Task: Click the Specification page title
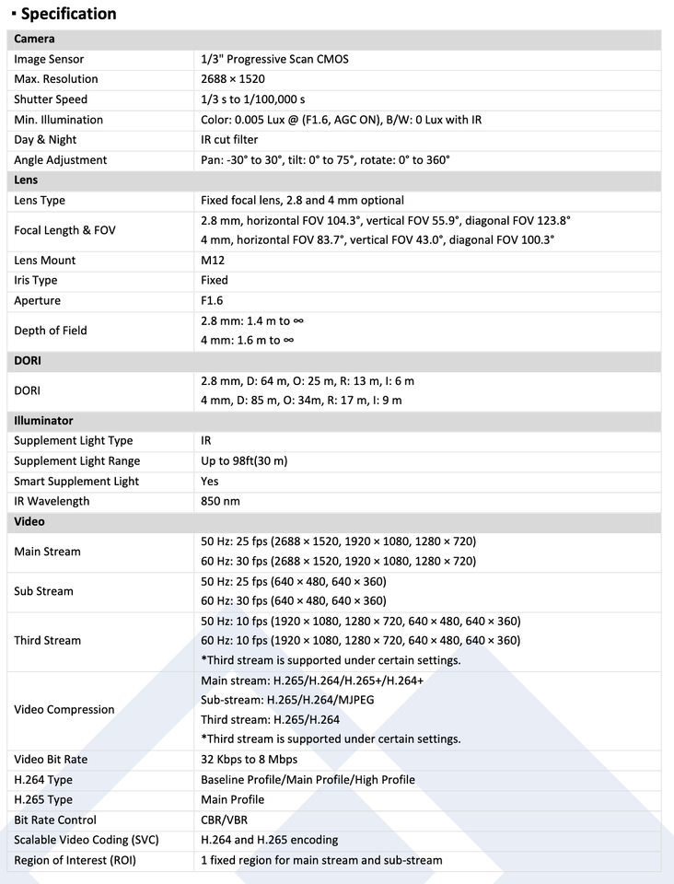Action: pos(68,14)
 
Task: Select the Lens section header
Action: pos(27,180)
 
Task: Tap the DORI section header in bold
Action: pos(28,361)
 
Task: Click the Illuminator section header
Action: pos(43,421)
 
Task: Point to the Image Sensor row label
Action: pos(51,59)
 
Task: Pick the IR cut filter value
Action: pos(228,140)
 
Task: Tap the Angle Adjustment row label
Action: pos(61,160)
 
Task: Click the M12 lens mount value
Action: pos(214,261)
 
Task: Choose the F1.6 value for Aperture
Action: pos(213,301)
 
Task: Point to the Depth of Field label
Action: pos(51,331)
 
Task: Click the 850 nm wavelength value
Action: pos(220,502)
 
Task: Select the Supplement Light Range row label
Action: pos(77,461)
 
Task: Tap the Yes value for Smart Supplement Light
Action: pos(210,482)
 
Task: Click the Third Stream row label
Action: pos(48,641)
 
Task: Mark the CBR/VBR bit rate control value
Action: pos(224,820)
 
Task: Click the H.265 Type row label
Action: pos(43,800)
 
